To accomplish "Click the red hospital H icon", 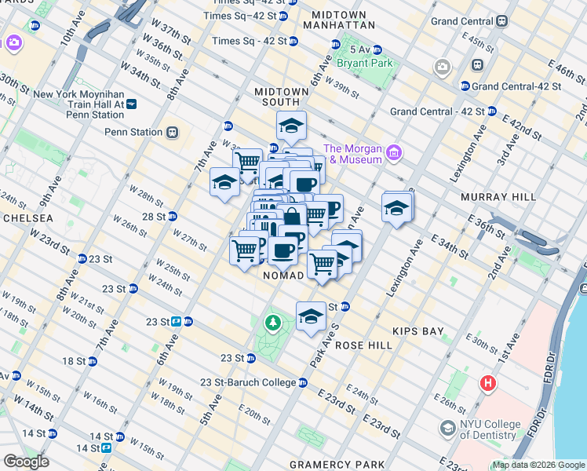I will coord(488,383).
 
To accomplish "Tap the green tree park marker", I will coord(272,322).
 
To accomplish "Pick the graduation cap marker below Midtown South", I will coord(290,126).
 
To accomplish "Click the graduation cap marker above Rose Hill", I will coord(311,316).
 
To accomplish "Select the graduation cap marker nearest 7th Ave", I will coord(224,183).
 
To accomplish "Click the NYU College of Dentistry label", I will coord(490,430).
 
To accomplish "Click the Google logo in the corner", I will coord(26,462).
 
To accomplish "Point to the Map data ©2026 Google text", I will coord(538,465).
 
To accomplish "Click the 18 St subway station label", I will coord(75,361).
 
